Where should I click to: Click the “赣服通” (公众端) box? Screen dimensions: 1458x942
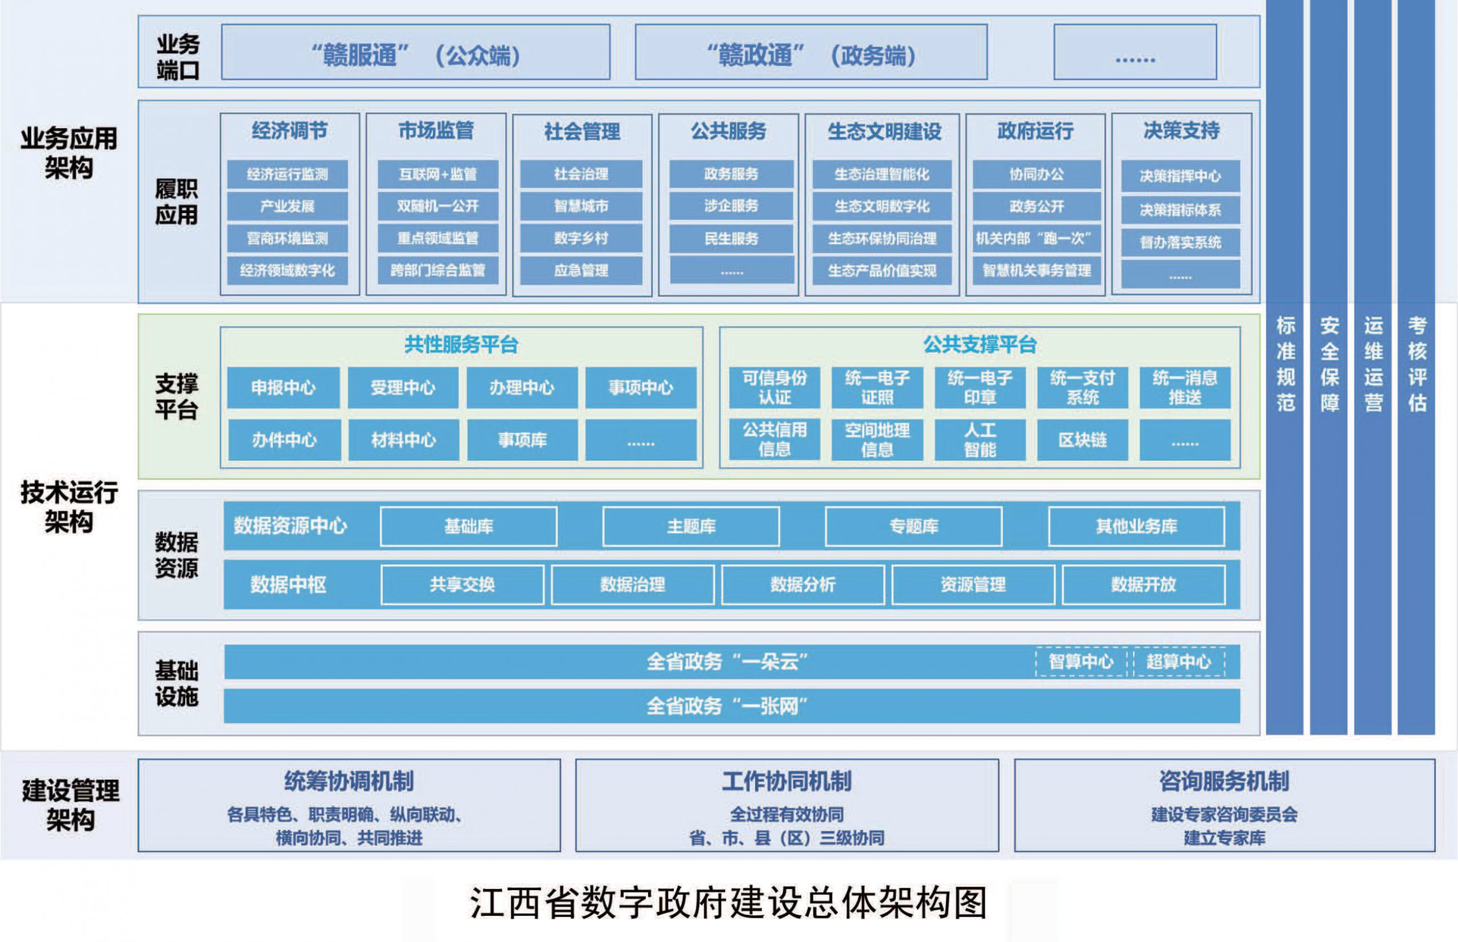click(x=416, y=52)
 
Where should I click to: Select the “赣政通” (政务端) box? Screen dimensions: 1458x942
click(x=811, y=52)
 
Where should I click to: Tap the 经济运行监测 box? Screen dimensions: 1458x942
click(x=288, y=174)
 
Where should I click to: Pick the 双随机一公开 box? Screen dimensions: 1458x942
click(x=438, y=206)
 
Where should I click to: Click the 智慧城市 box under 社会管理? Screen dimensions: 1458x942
click(x=581, y=206)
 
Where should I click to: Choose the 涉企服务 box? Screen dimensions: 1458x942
click(x=731, y=206)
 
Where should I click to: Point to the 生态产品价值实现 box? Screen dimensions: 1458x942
click(x=882, y=271)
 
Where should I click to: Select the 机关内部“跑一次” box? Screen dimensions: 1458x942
click(x=1037, y=238)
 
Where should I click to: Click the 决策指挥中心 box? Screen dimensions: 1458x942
click(x=1180, y=176)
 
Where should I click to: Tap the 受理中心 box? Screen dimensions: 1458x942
click(x=403, y=387)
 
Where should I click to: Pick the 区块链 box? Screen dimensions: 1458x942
click(x=1083, y=440)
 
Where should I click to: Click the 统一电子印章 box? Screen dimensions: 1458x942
click(x=980, y=387)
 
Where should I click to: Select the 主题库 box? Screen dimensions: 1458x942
click(x=691, y=526)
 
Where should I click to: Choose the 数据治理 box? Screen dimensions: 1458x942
click(x=632, y=585)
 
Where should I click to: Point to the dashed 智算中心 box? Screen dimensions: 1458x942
click(x=1082, y=662)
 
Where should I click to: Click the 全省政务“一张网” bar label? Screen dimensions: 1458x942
click(x=728, y=706)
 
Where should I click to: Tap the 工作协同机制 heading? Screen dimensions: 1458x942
click(x=787, y=781)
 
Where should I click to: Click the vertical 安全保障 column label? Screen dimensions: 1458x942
click(x=1329, y=364)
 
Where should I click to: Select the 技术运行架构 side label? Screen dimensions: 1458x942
click(x=68, y=507)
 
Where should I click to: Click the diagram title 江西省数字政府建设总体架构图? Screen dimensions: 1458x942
click(x=728, y=903)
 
